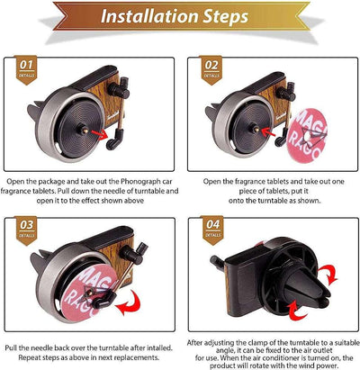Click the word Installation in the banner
tap(149, 16)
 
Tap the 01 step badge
tap(26, 69)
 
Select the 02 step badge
tap(211, 70)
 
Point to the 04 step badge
tap(212, 230)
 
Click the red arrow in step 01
tap(100, 134)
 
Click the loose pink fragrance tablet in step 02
tap(307, 136)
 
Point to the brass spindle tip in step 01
tap(85, 131)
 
